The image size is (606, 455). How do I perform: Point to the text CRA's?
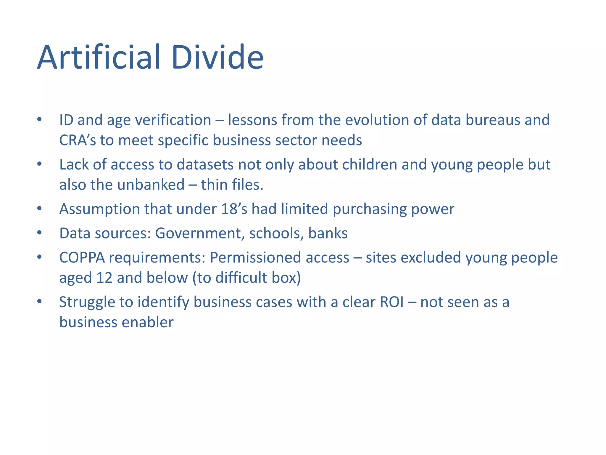78,140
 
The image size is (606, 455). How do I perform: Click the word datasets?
205,165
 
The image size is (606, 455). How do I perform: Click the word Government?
200,233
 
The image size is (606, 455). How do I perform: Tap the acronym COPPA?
82,258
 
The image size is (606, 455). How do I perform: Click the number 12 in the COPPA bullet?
104,278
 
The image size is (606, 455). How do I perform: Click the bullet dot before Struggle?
39,302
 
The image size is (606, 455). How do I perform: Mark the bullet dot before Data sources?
39,233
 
